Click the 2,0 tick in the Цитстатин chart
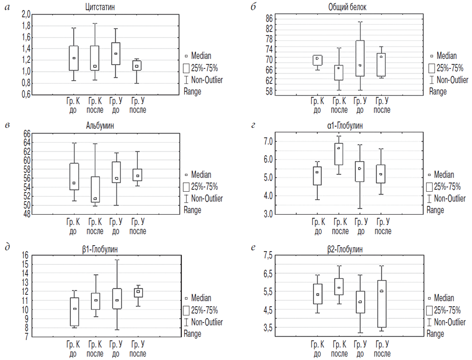coord(25,15)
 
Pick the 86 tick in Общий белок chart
coord(269,19)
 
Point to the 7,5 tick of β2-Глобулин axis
coord(268,255)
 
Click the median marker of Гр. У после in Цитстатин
coord(137,66)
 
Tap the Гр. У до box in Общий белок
coord(360,58)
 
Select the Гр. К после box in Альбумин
coord(95,189)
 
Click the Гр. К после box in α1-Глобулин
coord(338,154)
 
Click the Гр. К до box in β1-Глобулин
coord(74,312)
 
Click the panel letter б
coord(254,7)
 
